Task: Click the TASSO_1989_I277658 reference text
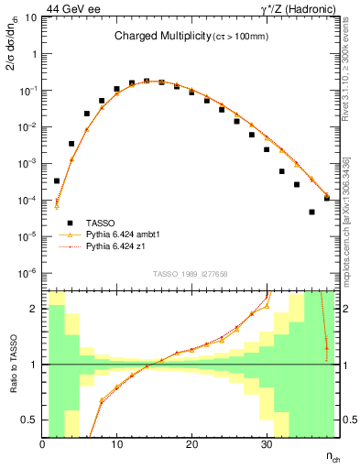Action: point(189,274)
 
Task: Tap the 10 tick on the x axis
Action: point(117,445)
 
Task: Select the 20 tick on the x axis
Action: point(191,445)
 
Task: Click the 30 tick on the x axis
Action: point(266,445)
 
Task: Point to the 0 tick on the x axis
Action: point(43,445)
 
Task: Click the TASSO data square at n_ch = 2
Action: point(57,180)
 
